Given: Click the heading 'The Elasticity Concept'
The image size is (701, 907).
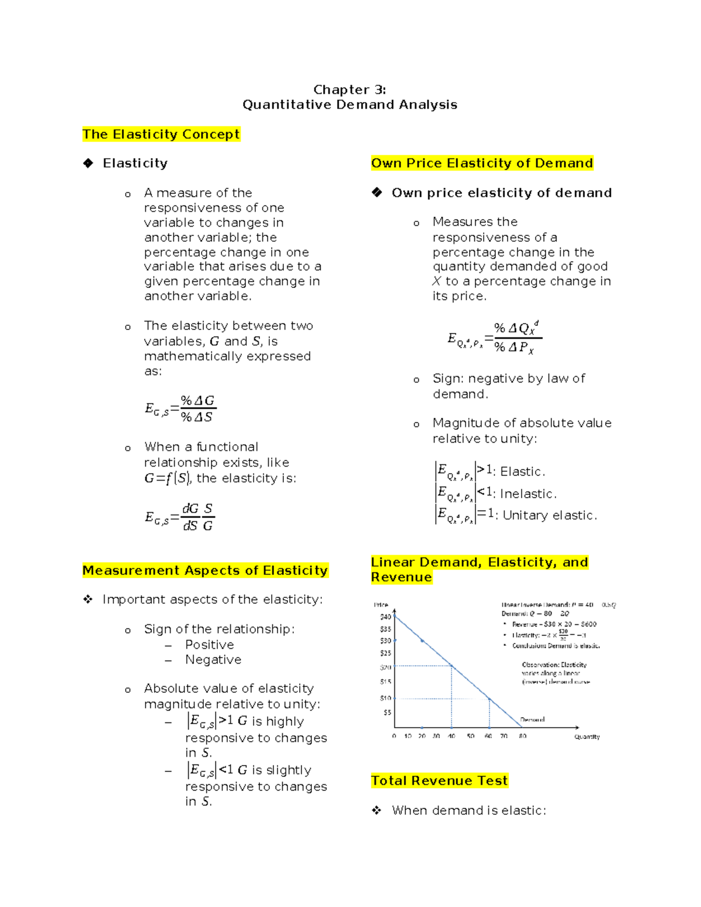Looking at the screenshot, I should click(161, 134).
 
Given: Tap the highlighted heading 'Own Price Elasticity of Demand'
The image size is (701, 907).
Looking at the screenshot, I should click(482, 163).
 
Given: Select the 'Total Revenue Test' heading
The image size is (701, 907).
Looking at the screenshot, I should click(439, 781).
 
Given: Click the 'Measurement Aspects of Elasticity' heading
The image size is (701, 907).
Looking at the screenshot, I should click(205, 571).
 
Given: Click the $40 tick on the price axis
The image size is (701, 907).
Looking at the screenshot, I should click(386, 617).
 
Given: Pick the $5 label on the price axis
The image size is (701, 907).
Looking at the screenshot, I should click(387, 713).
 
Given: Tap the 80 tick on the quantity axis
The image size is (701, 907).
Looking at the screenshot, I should click(522, 736).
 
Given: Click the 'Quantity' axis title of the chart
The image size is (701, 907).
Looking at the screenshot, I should click(587, 737).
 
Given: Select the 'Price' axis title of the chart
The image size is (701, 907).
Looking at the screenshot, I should click(381, 605).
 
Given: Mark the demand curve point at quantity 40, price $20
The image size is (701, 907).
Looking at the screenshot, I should click(452, 666).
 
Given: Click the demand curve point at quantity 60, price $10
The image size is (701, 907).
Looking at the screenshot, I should click(490, 699).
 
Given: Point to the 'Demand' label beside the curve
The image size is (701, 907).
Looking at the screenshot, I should click(532, 720).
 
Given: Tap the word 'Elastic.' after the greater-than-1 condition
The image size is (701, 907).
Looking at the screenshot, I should click(522, 472).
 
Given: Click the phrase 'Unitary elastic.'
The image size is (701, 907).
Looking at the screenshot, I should click(550, 516).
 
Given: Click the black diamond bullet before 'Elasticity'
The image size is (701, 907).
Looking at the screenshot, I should click(88, 163).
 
